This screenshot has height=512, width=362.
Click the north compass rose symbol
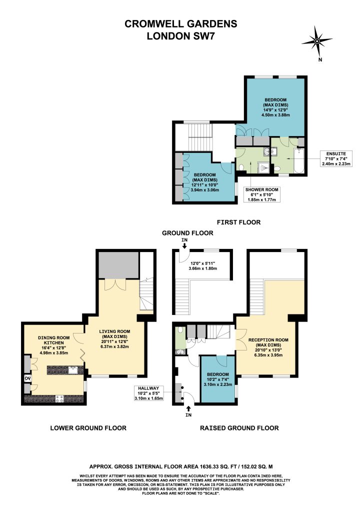click(x=316, y=41)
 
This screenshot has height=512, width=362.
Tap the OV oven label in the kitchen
click(x=27, y=378)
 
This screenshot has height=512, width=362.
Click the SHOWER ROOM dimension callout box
click(x=262, y=194)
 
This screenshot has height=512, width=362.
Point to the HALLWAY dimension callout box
click(x=148, y=393)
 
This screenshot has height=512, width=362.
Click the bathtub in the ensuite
click(x=299, y=161)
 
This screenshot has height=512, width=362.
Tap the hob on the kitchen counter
click(x=59, y=398)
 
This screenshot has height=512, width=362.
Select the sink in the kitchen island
click(x=73, y=370)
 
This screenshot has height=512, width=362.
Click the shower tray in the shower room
click(x=263, y=167)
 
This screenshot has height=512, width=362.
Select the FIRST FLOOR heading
click(x=238, y=222)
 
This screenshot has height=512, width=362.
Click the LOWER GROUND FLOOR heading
click(x=88, y=428)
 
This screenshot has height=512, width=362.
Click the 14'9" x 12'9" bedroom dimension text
click(x=275, y=110)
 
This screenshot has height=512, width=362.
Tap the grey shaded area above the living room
click(x=118, y=264)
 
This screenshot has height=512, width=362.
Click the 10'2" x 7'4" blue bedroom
click(x=217, y=379)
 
